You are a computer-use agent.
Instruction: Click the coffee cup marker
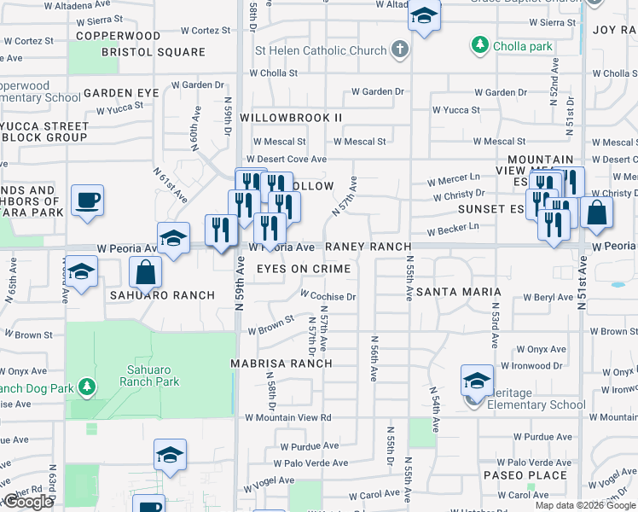click(87, 201)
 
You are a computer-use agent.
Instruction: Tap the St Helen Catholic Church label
click(321, 50)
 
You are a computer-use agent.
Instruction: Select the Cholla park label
click(523, 46)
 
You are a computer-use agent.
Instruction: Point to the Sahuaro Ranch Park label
click(151, 375)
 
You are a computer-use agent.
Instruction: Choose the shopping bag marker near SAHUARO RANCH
click(146, 272)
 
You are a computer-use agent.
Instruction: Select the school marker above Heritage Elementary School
click(477, 380)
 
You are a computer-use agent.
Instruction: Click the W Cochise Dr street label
click(328, 297)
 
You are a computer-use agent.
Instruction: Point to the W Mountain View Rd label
click(287, 417)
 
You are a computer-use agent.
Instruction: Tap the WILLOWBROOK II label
click(291, 117)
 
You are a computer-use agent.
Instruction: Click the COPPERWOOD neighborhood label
click(118, 36)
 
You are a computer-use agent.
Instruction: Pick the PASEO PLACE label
click(525, 475)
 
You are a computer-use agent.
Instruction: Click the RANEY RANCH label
click(368, 247)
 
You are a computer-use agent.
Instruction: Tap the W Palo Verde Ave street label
click(310, 463)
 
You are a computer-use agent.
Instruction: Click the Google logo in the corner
click(28, 502)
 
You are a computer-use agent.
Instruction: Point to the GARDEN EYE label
click(120, 93)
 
